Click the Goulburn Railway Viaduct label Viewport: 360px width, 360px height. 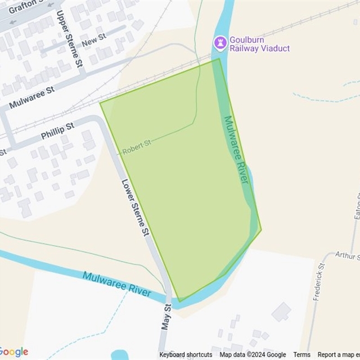coord(259,44)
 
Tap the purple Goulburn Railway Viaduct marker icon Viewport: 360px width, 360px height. coord(220,42)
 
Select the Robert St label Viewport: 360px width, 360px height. coord(137,147)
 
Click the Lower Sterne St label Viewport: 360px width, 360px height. coord(136,207)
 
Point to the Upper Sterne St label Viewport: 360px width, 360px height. coord(72,38)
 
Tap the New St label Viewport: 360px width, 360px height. coord(94,42)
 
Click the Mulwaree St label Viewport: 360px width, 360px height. coord(32,97)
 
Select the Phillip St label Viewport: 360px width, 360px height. coord(57,132)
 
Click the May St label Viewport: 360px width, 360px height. coord(166,318)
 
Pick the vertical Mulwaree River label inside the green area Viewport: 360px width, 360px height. coord(236,150)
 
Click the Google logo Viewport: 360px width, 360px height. coord(14,352)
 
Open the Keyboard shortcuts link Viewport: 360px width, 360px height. coord(186,355)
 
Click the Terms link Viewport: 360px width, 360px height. coord(301,355)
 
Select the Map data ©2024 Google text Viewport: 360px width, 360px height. coord(253,355)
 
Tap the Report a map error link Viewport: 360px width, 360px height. coord(338,355)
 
